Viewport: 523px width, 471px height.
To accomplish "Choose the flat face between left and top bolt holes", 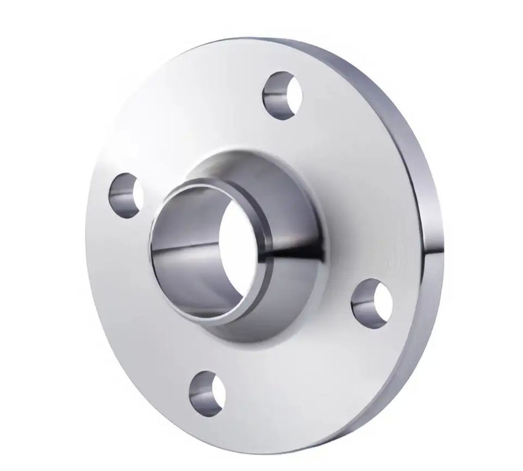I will pyautogui.click(x=188, y=118).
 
